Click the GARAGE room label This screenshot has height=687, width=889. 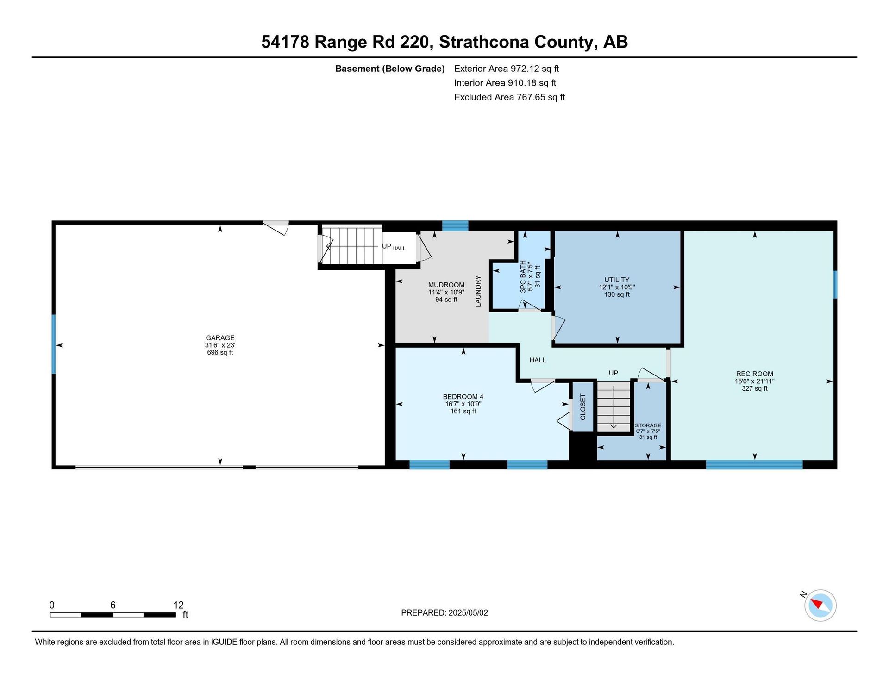(x=220, y=338)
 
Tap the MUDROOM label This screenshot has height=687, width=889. (x=446, y=285)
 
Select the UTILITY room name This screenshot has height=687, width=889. (x=617, y=280)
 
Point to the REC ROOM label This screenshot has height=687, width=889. (x=754, y=374)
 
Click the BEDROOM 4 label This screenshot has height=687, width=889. (x=463, y=397)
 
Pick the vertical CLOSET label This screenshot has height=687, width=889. (x=583, y=407)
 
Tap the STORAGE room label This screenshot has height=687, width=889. (x=648, y=425)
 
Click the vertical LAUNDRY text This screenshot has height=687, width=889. (x=478, y=291)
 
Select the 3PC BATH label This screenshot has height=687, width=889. (x=523, y=276)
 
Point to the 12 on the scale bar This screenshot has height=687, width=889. (x=178, y=605)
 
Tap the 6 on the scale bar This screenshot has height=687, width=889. (x=113, y=605)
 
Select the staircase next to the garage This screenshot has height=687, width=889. (x=352, y=245)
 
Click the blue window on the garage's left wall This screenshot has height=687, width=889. (x=54, y=344)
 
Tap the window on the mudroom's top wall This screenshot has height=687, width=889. (x=455, y=226)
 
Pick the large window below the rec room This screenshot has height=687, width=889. (x=754, y=465)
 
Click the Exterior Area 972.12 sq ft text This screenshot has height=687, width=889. (x=507, y=69)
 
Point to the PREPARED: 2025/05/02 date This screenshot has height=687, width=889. (x=444, y=613)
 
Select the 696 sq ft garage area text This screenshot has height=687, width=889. (x=220, y=353)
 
